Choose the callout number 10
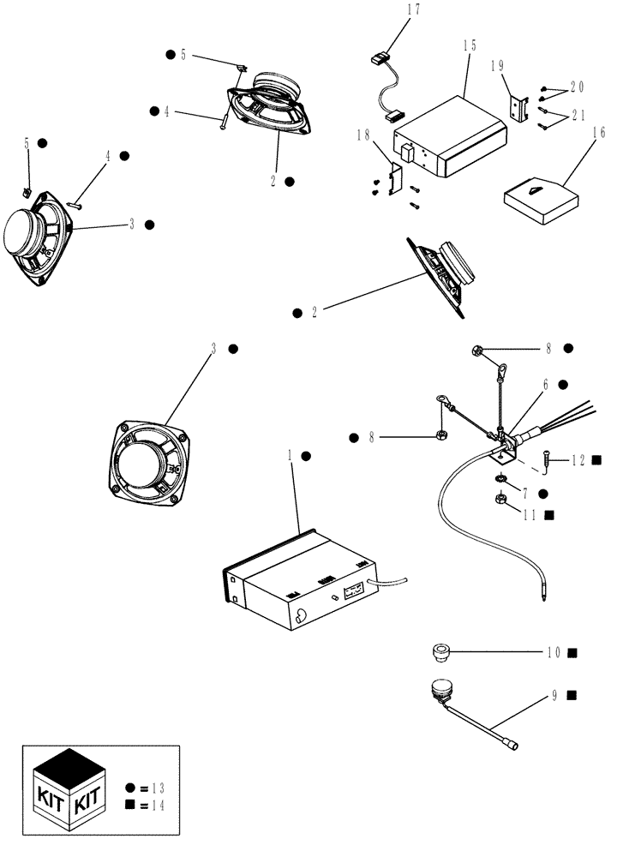click(554, 653)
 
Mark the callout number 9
click(555, 695)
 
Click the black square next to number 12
click(596, 460)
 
